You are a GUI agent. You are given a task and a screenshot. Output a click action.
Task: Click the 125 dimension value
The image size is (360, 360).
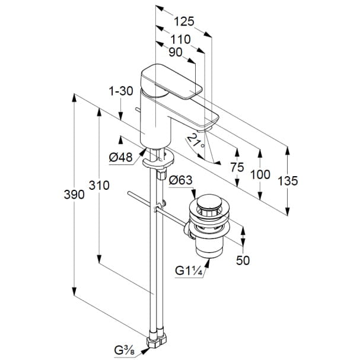tap(185, 23)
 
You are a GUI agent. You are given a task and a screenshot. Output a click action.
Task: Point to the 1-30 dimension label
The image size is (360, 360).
tap(120, 91)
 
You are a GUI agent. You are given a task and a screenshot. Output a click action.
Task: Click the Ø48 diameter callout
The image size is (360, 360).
tap(121, 157)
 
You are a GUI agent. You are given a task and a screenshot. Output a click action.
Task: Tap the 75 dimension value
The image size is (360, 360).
tap(237, 168)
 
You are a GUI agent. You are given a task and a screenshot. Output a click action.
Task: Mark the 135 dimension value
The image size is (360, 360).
tap(288, 181)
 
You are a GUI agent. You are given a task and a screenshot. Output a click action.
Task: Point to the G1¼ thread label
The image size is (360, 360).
tap(189, 271)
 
